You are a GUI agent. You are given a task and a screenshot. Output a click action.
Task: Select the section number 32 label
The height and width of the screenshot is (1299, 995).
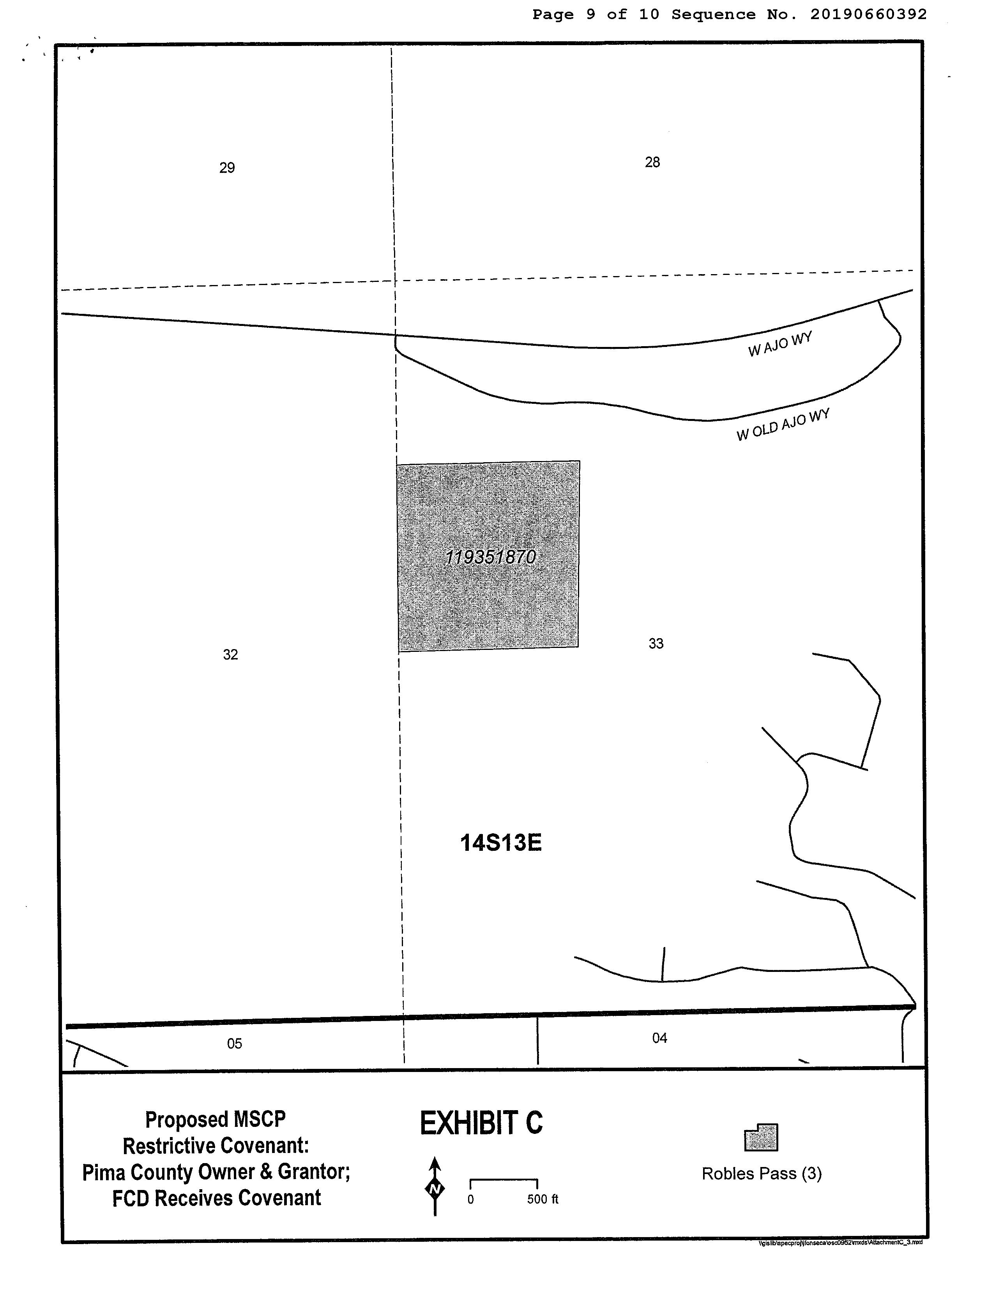click(230, 655)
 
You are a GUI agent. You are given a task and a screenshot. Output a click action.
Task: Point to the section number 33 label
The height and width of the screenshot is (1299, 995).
click(656, 644)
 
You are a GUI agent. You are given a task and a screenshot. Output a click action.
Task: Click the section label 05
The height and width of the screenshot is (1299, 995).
click(235, 1043)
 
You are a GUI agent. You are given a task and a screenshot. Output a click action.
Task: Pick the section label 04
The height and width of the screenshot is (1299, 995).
click(659, 1038)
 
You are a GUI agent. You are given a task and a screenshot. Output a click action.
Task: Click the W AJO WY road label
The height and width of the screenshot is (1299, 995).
click(779, 345)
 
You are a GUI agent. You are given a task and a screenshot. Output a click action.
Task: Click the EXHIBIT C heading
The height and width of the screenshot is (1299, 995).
click(481, 1123)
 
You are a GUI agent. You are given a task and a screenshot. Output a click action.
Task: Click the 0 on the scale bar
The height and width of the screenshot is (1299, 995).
click(471, 1200)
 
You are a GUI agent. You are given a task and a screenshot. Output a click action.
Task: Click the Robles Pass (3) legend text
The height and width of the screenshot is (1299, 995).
click(762, 1174)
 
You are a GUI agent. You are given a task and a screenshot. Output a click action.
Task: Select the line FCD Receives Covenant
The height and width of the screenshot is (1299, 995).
click(217, 1199)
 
